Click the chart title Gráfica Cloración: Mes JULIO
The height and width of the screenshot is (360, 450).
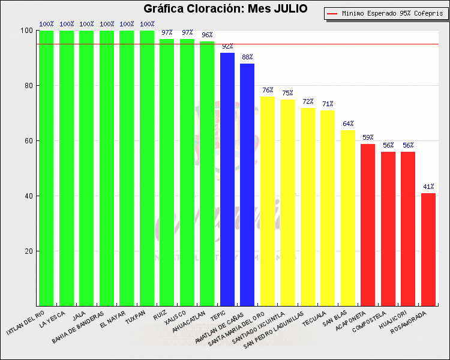click(x=226, y=9)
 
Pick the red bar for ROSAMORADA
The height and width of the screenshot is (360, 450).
click(x=428, y=249)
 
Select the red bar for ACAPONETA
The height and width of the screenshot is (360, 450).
click(x=368, y=224)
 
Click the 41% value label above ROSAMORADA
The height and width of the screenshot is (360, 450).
click(x=428, y=187)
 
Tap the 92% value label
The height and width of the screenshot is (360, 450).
click(x=227, y=46)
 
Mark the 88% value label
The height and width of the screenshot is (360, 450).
click(x=247, y=57)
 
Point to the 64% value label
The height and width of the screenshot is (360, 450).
click(x=348, y=124)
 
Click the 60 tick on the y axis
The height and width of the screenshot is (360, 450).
click(x=27, y=141)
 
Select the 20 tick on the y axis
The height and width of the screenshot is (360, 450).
click(x=27, y=251)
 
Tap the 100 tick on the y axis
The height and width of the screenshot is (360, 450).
click(x=26, y=31)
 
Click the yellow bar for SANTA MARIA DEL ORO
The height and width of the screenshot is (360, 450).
click(x=268, y=201)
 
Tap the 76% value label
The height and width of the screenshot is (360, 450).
click(x=268, y=90)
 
